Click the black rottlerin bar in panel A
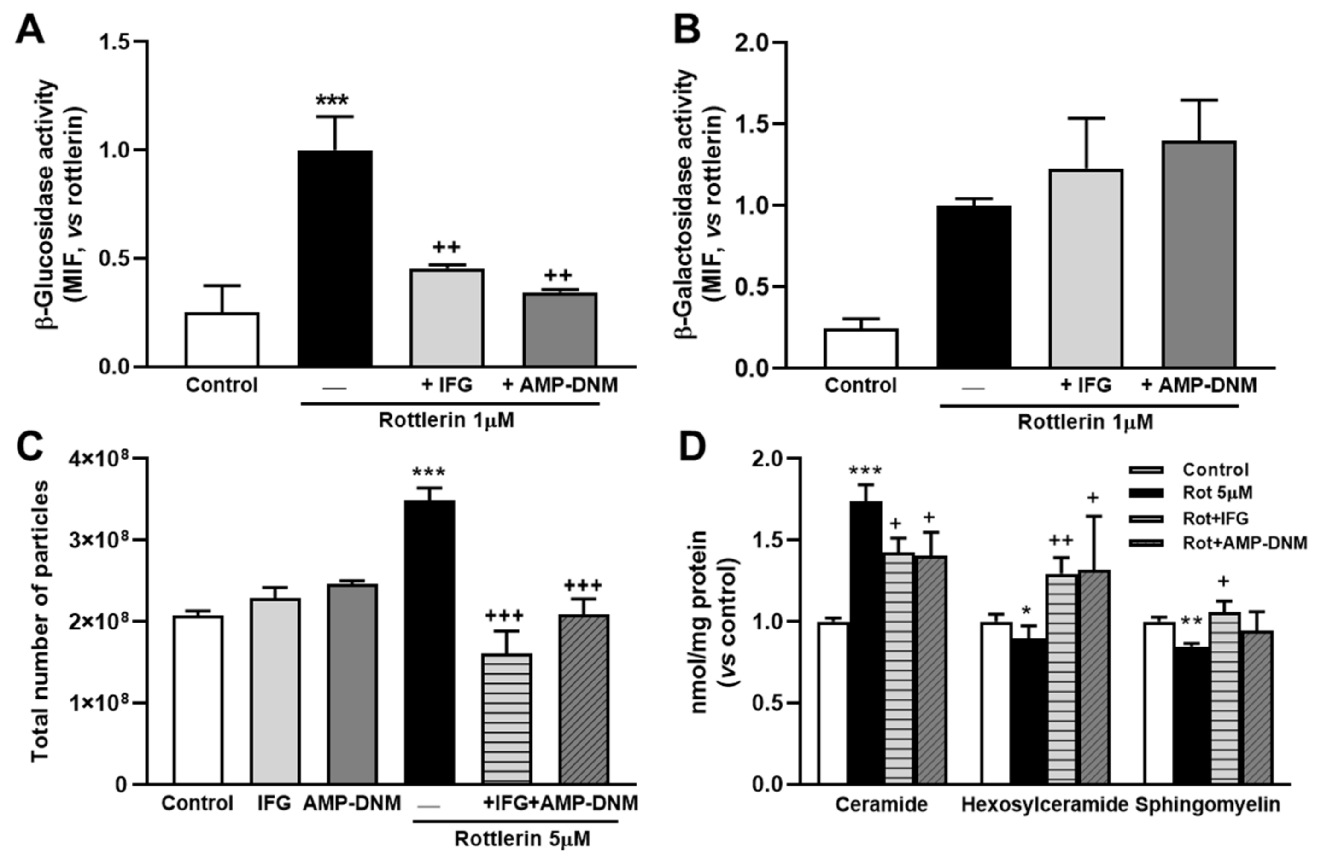pos(335,258)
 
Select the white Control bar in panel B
pos(861,349)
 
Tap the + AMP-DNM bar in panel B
pos(1199,254)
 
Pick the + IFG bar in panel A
pos(447,317)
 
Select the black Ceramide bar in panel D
pos(865,642)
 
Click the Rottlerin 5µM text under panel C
pos(522,838)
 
